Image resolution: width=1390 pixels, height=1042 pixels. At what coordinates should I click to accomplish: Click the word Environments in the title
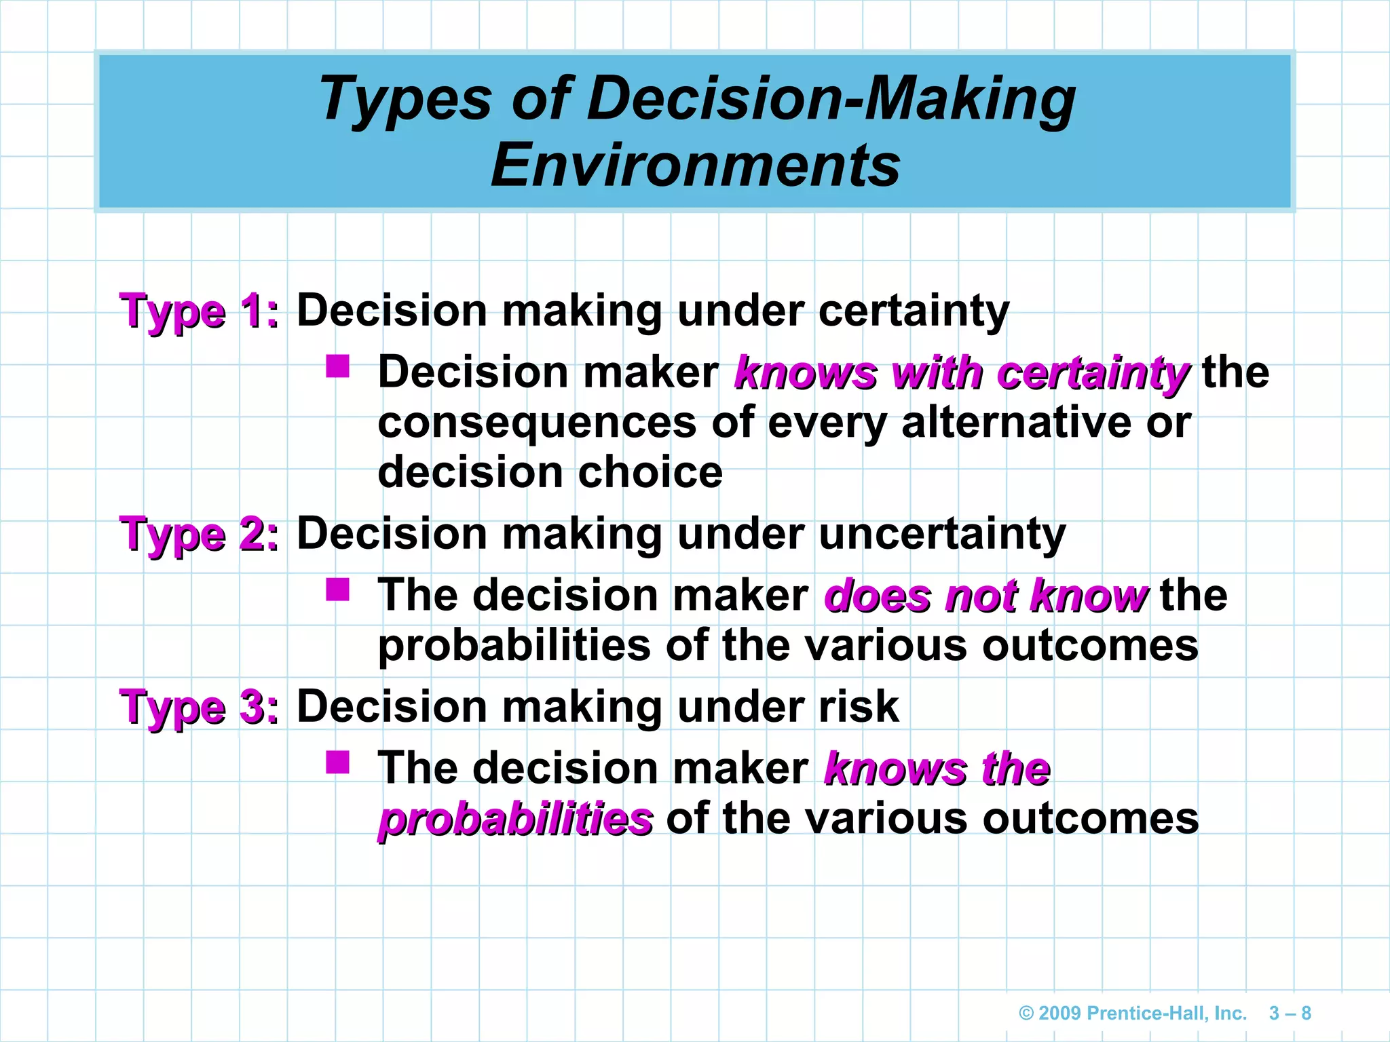[695, 166]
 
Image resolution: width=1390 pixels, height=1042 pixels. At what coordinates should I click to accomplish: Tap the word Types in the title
[405, 99]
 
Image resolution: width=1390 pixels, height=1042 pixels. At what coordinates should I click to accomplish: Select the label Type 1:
[200, 312]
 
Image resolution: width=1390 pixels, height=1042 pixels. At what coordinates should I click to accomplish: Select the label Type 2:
[200, 535]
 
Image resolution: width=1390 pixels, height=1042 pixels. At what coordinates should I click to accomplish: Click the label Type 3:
[200, 708]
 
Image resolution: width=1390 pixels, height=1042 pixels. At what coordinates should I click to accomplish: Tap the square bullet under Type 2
[337, 590]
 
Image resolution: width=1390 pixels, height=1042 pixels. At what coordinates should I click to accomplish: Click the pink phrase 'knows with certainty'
[961, 373]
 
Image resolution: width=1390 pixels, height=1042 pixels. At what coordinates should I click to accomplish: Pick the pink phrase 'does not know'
[985, 596]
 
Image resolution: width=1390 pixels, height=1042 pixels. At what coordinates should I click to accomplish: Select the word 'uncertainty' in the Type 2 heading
[942, 534]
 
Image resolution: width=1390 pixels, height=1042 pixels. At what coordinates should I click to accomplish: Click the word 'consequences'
[537, 423]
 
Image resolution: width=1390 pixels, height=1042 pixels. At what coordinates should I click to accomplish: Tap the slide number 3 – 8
[1290, 1014]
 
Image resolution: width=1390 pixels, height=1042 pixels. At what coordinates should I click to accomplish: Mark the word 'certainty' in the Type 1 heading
[914, 311]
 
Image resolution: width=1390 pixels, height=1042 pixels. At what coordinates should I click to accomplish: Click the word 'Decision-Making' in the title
[831, 99]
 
